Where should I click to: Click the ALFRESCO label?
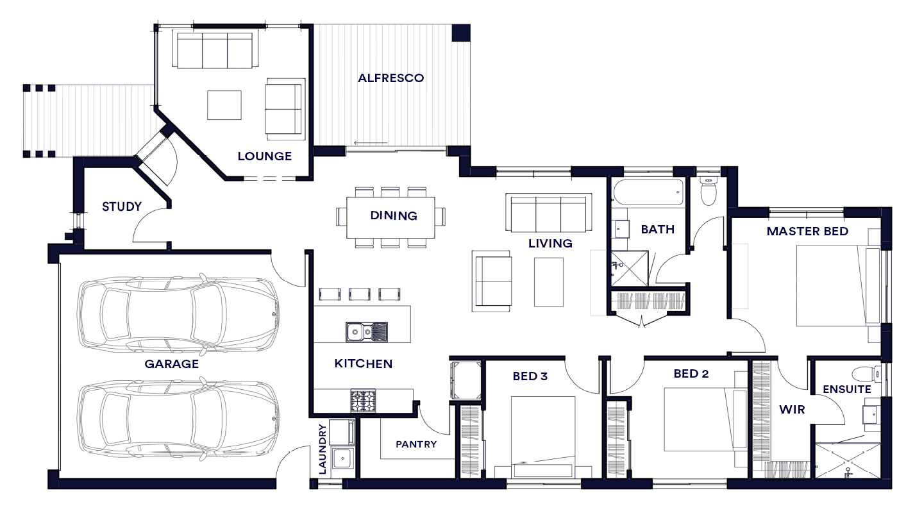point(390,78)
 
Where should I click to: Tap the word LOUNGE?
point(265,156)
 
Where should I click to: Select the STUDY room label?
point(122,206)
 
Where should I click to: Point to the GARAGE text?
point(171,364)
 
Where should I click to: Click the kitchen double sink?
point(367,331)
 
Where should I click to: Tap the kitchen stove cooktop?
point(363,401)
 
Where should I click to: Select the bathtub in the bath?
point(648,193)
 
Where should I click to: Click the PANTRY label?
point(416,444)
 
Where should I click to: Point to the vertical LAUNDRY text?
point(323,449)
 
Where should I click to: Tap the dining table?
point(390,217)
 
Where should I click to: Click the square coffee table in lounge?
point(224,105)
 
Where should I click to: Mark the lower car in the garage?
point(178,419)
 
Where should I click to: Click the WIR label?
point(792,410)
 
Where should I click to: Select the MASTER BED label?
point(807,231)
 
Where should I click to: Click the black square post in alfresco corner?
point(460,33)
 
